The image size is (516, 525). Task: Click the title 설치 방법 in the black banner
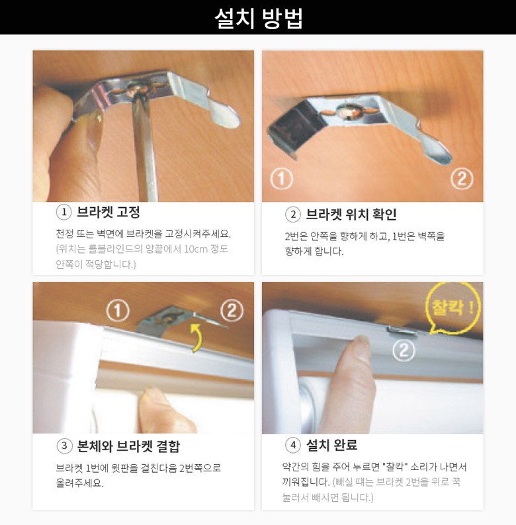coord(259,18)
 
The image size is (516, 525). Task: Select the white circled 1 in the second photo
coord(281,179)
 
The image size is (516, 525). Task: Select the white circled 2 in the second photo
coord(462,179)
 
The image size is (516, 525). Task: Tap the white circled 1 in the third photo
coord(118,310)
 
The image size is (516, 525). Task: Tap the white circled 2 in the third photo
coord(232,310)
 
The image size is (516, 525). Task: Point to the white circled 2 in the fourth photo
coord(404,350)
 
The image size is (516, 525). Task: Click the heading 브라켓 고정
coord(108,212)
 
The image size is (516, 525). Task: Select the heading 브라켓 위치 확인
coord(351,215)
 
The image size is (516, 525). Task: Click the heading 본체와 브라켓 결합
coord(128,446)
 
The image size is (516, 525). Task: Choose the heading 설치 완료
coord(331,445)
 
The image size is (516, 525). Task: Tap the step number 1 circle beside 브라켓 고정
coord(64,213)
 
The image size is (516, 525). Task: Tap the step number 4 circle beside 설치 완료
coord(293,446)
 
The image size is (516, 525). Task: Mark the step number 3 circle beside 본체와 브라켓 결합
coord(65,446)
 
